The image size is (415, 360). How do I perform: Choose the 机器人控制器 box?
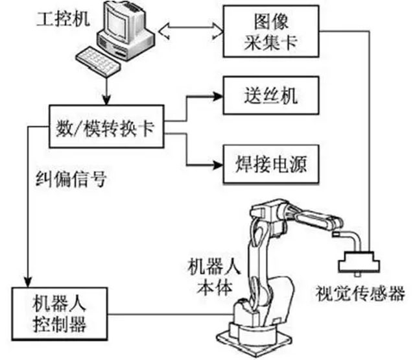point(58,314)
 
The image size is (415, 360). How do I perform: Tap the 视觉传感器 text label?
point(359,289)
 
